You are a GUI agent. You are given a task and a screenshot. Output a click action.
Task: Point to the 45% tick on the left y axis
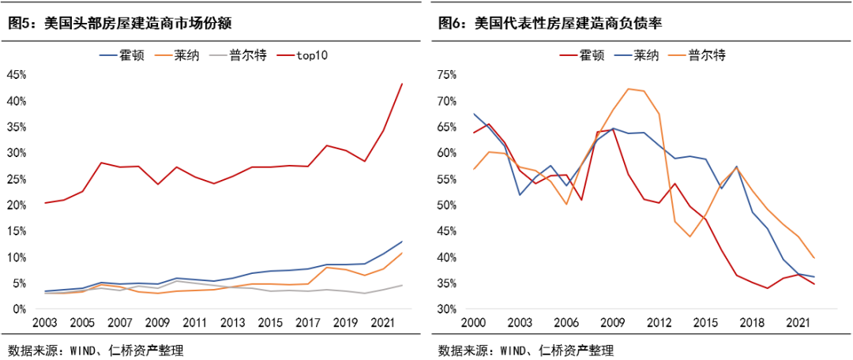click(17, 75)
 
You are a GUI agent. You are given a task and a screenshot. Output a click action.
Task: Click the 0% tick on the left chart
click(20, 309)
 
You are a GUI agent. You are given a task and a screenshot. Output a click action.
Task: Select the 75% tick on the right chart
click(447, 75)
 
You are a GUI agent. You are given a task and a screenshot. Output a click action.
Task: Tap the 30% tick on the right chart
click(447, 309)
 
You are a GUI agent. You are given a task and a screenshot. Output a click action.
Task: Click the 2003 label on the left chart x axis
click(45, 324)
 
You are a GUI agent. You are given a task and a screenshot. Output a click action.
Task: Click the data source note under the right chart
click(526, 350)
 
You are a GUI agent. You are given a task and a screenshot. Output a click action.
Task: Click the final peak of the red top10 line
click(402, 84)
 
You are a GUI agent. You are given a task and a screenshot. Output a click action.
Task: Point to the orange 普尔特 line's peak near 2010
click(629, 88)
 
